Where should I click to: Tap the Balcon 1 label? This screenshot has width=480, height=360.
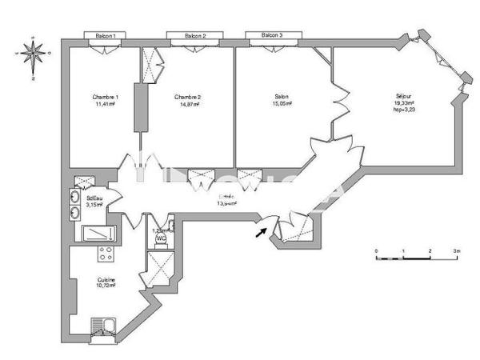tap(105, 36)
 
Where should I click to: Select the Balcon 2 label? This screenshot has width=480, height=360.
tap(195, 36)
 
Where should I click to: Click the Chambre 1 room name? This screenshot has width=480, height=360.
tap(106, 97)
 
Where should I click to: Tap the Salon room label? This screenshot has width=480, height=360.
tap(281, 97)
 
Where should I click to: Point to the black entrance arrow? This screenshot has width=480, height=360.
tap(260, 232)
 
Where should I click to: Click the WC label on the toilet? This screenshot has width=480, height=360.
tap(160, 238)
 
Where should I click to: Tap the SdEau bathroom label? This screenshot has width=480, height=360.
tap(94, 197)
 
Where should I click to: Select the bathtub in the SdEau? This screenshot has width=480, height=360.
tap(98, 234)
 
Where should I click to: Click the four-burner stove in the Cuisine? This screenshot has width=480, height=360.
tap(104, 255)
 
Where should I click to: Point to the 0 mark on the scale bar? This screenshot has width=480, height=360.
tap(376, 251)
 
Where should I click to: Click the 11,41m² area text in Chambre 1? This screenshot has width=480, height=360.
tap(106, 104)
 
